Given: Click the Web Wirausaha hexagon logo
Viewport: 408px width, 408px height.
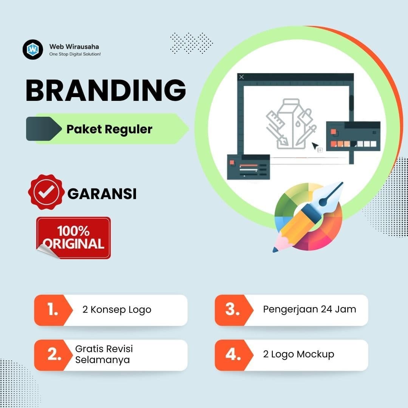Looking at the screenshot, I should click(33, 49).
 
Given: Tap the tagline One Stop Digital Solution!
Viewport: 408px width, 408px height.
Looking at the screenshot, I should click(75, 54).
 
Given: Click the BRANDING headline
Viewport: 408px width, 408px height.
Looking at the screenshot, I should click(106, 90).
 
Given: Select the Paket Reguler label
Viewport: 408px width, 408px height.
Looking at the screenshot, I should click(109, 129).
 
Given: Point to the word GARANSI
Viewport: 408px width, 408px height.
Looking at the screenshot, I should click(102, 194).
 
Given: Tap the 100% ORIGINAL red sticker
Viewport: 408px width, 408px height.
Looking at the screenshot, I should click(74, 238).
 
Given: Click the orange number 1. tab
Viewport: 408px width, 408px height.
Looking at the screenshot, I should click(53, 310).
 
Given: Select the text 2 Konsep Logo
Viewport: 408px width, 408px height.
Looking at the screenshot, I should click(117, 310).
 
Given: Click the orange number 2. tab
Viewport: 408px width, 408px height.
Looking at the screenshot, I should click(53, 355).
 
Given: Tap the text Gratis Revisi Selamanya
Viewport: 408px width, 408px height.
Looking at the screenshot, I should click(104, 354).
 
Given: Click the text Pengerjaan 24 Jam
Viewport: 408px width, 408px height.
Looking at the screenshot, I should click(309, 309).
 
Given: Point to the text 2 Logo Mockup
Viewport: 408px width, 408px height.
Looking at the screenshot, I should click(298, 354).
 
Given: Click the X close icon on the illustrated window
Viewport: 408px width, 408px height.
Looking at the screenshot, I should click(242, 77).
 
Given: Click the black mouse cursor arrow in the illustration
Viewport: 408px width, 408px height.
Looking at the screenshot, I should click(315, 146).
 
